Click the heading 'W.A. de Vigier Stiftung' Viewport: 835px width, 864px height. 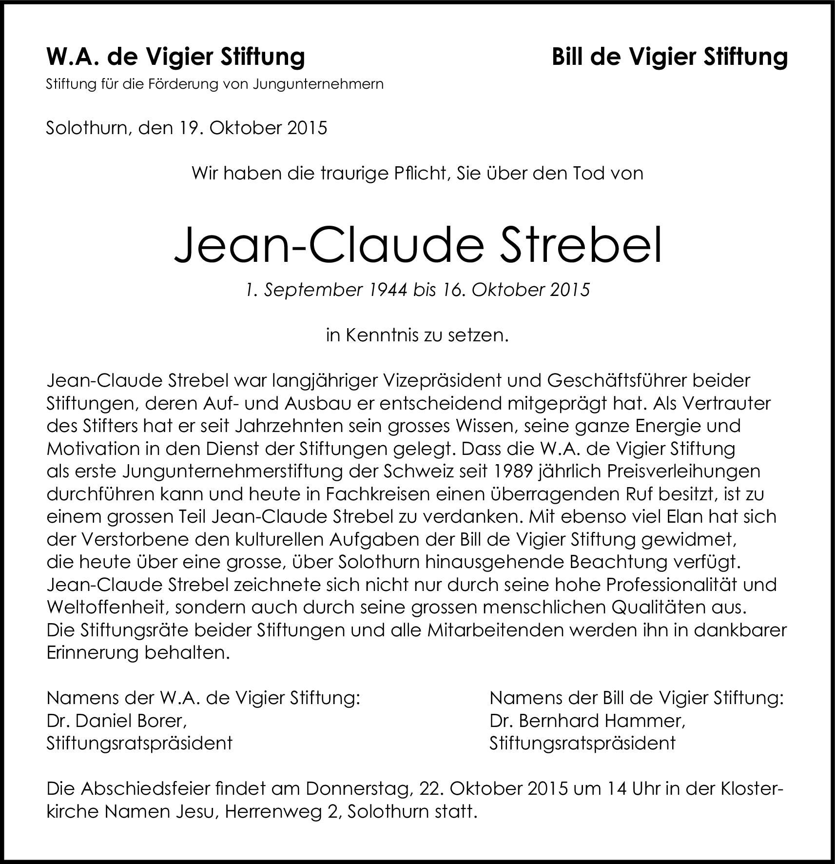[175, 57]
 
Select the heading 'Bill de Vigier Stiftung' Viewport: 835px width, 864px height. [670, 57]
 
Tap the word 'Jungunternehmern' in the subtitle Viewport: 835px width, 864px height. [318, 84]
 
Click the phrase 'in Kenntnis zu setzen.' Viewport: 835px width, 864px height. [417, 335]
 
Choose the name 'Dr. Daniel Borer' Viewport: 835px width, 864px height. [117, 721]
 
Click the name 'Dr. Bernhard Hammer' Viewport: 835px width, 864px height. [587, 721]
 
